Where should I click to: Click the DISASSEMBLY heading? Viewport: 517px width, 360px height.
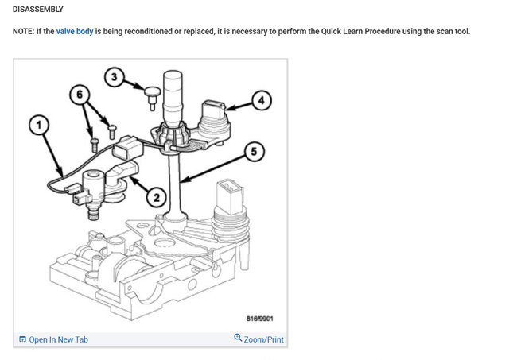38,9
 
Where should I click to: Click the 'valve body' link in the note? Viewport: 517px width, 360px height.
75,32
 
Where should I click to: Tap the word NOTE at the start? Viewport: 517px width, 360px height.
24,32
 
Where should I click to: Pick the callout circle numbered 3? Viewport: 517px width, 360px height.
115,77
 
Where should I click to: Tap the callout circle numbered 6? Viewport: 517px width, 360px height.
78,93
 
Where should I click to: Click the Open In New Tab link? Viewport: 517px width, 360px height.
59,339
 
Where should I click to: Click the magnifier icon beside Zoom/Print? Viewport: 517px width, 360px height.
238,339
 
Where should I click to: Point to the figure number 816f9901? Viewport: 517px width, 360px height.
259,319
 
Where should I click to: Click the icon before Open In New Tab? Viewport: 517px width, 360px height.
22,339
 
